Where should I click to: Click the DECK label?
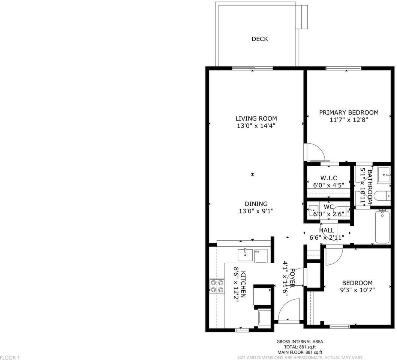pos(259,39)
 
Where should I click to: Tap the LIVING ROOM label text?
pos(256,118)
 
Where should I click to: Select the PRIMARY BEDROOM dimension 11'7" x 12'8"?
pos(348,120)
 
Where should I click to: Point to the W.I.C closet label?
pos(328,178)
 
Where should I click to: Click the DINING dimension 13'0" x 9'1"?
pos(256,211)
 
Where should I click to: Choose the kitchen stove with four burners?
pos(216,286)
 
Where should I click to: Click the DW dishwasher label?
pos(258,252)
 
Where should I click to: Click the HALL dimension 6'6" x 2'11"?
pos(327,237)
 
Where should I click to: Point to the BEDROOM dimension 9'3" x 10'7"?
pos(357,290)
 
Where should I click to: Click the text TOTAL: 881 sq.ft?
pos(300,347)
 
